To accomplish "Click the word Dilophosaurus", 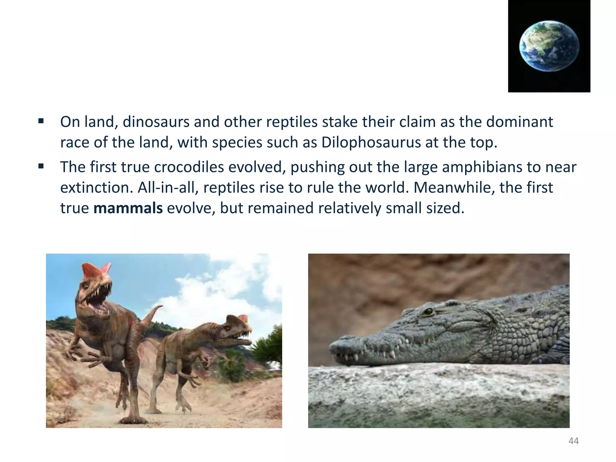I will tap(371, 143).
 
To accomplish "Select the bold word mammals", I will tap(128, 208).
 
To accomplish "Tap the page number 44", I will tap(573, 441).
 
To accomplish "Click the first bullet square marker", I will tap(41, 122).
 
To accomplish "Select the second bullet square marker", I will tap(41, 166).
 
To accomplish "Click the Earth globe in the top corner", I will tap(549, 46).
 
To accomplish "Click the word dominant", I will tap(519, 122).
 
